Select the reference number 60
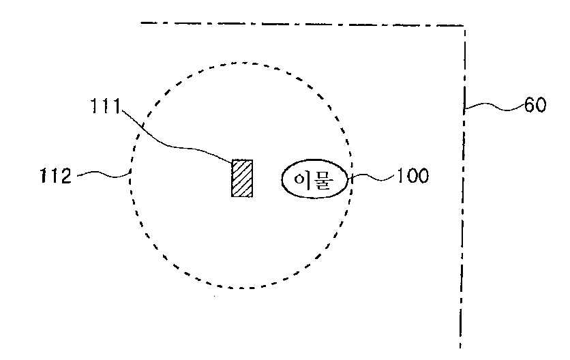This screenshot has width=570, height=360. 535,106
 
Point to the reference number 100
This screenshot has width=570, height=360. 412,177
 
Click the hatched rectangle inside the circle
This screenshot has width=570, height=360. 242,178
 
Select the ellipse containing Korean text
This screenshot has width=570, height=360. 315,179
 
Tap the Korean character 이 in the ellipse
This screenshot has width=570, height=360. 302,179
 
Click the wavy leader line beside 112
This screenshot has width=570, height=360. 102,175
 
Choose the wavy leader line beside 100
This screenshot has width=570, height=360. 372,178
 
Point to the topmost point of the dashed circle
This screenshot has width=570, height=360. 242,62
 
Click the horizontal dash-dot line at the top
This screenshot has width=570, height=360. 300,25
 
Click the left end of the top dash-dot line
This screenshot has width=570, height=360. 142,23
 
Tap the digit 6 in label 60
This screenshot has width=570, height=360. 529,106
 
